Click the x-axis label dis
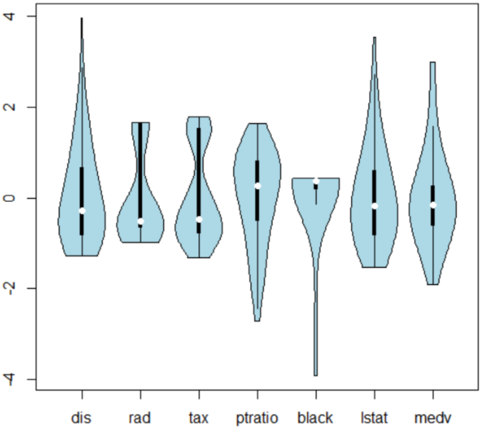click(x=81, y=418)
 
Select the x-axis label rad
click(x=140, y=418)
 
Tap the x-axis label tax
click(x=198, y=418)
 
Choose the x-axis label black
click(x=315, y=418)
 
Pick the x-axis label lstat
click(x=374, y=418)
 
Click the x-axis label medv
click(x=433, y=418)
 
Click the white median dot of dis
click(x=82, y=211)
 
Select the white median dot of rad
click(x=141, y=221)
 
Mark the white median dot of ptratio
click(x=258, y=186)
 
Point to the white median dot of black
click(x=316, y=181)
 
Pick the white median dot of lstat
click(x=374, y=206)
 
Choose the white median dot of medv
click(x=433, y=205)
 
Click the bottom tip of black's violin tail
click(x=316, y=375)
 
